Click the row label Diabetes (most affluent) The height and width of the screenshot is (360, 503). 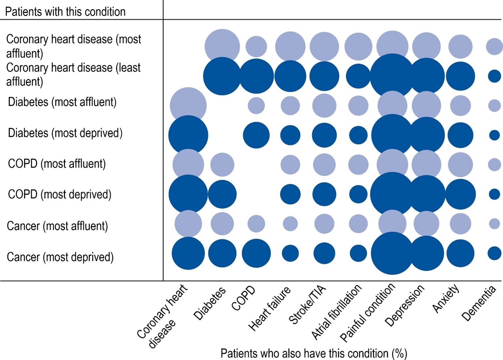pos(62,102)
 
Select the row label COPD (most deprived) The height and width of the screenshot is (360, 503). pos(60,194)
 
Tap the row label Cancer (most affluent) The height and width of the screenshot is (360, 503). pos(57,226)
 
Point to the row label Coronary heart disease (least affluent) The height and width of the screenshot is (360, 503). pos(73,74)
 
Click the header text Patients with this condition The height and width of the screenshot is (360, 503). pos(65,12)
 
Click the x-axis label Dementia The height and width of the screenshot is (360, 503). pos(479,303)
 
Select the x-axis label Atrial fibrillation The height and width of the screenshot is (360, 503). pos(336,312)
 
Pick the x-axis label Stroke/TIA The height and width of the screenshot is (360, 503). pos(307,304)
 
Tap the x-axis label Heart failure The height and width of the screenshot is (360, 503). pos(269,308)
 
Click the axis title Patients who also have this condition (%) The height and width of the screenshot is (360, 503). pos(314,353)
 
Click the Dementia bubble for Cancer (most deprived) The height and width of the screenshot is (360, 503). pos(494,254)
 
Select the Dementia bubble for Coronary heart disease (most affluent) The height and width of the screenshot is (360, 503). pos(494,46)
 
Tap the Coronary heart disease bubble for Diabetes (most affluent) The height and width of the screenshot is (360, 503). pos(188,105)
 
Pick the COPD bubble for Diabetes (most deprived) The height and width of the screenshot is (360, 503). pos(256,135)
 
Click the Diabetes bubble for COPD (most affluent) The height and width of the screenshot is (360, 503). pos(222,164)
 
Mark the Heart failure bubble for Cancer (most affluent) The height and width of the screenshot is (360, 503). pos(290,224)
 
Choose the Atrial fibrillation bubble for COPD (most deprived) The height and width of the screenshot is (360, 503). pos(358,194)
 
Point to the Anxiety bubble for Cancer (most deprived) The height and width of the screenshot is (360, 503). pos(460,254)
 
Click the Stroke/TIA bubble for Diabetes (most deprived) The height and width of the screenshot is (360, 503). pos(324,135)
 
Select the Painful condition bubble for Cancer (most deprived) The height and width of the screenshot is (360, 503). pos(392,254)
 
